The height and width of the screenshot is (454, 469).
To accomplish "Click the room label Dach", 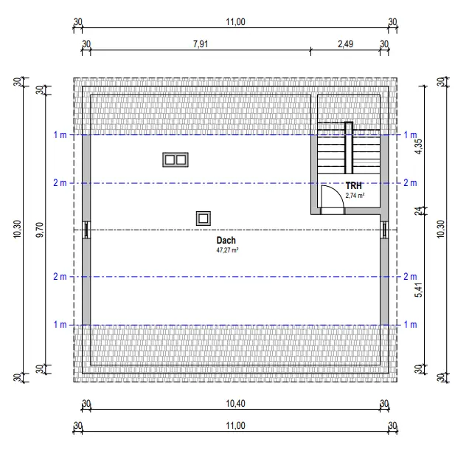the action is click(226, 240).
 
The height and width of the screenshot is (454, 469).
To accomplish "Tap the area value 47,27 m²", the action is click(227, 250).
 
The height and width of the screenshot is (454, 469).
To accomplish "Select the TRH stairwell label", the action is click(353, 186).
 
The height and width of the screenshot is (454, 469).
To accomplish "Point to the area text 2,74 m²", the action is click(355, 196).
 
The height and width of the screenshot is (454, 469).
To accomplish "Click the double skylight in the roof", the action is click(176, 159).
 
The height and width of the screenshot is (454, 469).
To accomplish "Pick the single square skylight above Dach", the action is click(204, 219).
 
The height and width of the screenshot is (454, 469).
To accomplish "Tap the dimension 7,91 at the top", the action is click(201, 44).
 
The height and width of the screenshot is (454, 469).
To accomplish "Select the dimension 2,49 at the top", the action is click(345, 44).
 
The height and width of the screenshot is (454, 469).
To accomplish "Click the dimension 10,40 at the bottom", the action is click(235, 403).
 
